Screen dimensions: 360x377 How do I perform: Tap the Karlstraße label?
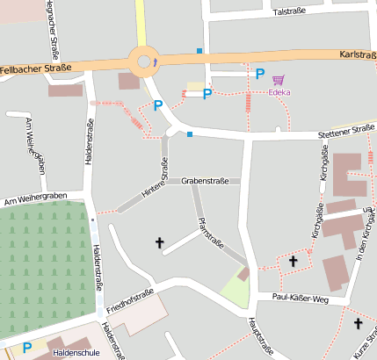click(x=356, y=54)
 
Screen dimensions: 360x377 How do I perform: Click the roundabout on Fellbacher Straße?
click(x=145, y=61)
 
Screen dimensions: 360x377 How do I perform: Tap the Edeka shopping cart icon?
click(x=279, y=79)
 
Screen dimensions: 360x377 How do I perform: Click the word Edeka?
click(x=279, y=91)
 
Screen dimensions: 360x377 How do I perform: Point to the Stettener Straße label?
click(x=346, y=131)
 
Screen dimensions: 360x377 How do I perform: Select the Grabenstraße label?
click(x=205, y=181)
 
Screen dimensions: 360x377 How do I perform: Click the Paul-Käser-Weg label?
click(x=300, y=299)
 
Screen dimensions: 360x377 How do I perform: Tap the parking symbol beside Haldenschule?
click(x=27, y=348)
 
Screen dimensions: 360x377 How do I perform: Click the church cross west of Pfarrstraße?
click(x=160, y=241)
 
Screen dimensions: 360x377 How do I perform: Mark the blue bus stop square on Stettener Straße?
click(x=190, y=134)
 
